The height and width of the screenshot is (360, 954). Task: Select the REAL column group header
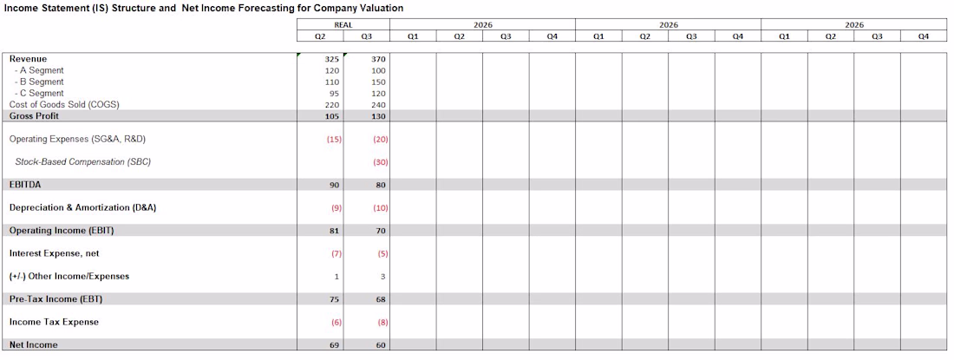tap(343, 25)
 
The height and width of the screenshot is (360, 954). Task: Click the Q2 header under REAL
tap(320, 36)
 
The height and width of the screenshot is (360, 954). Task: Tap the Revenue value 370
tap(378, 59)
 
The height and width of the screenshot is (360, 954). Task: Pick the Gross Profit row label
tap(34, 115)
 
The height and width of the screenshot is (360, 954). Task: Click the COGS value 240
tap(378, 104)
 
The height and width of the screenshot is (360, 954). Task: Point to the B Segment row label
tap(39, 82)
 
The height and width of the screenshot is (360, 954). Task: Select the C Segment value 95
tap(332, 93)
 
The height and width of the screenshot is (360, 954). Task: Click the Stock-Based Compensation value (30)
tap(380, 162)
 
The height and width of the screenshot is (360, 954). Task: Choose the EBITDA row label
tap(25, 185)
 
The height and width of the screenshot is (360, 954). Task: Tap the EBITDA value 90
tap(333, 185)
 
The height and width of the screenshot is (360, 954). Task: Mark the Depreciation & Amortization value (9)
tap(334, 208)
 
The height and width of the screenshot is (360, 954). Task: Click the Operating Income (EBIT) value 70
tap(380, 231)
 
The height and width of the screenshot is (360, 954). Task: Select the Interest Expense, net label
tap(54, 253)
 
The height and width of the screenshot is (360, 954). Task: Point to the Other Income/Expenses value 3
tap(382, 277)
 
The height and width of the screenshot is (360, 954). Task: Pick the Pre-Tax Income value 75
tap(333, 299)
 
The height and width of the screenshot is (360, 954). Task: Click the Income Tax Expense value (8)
tap(380, 322)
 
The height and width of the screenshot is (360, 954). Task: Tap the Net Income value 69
tap(333, 345)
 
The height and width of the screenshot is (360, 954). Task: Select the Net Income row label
tap(34, 345)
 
